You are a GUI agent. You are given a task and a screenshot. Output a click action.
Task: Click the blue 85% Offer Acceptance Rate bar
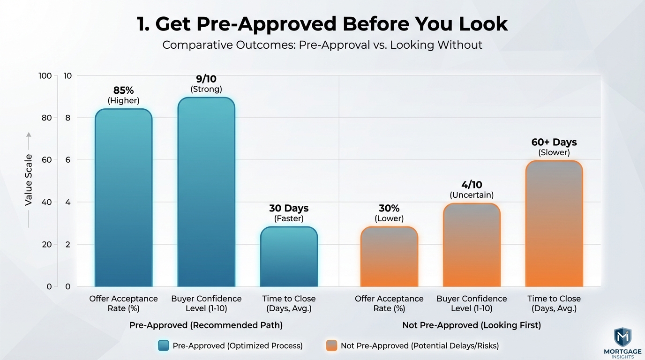[124, 197]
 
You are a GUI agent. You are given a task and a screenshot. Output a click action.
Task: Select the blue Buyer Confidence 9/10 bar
[206, 192]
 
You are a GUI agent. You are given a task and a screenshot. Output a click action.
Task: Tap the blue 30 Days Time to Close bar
[289, 256]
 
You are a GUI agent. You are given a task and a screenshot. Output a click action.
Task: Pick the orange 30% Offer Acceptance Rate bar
[389, 256]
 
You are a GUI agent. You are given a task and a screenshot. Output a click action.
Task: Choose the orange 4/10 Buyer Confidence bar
[472, 245]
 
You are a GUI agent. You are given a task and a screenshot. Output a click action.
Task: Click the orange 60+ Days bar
[554, 224]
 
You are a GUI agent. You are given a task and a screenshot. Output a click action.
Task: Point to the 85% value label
[124, 90]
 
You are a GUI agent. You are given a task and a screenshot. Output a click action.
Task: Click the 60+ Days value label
[554, 142]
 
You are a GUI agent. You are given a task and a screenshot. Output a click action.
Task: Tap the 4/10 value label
[472, 185]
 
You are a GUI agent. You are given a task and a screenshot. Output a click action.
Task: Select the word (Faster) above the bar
[289, 218]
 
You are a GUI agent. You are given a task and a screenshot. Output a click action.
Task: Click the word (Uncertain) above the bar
[472, 195]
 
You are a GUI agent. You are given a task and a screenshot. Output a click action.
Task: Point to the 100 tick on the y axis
[45, 75]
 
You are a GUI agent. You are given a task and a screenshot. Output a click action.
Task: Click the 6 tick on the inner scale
[68, 160]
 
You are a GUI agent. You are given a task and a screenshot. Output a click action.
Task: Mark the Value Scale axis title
[29, 180]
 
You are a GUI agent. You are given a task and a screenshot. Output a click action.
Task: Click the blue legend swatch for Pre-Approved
[164, 345]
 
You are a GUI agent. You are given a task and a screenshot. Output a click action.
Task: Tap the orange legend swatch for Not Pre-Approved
[331, 345]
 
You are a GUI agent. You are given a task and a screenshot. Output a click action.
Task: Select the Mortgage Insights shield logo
[622, 337]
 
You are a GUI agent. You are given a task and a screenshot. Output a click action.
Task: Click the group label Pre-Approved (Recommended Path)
[206, 325]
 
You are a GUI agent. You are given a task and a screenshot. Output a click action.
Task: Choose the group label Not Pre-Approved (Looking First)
[472, 325]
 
